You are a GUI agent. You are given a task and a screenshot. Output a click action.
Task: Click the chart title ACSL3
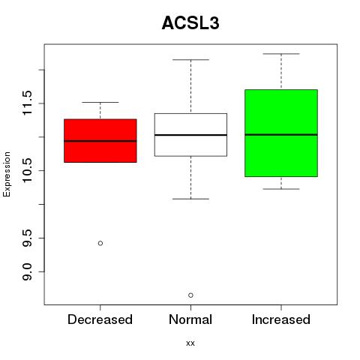pyautogui.click(x=190, y=23)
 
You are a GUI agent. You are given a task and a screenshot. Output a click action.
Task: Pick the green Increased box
pyautogui.click(x=281, y=133)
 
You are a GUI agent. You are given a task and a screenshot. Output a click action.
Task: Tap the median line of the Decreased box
pyautogui.click(x=100, y=141)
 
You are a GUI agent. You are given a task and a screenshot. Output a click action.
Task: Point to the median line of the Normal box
pyautogui.click(x=190, y=135)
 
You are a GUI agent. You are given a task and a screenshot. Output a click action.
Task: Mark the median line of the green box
pyautogui.click(x=281, y=134)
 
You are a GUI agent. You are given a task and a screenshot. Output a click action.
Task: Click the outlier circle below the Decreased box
pyautogui.click(x=100, y=243)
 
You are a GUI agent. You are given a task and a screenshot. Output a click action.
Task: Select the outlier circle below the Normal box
pyautogui.click(x=190, y=295)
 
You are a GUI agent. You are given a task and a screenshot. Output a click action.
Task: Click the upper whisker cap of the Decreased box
pyautogui.click(x=100, y=102)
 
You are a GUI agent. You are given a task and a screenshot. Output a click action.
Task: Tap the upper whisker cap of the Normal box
pyautogui.click(x=190, y=60)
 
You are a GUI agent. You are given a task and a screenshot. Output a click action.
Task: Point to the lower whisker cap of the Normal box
pyautogui.click(x=190, y=199)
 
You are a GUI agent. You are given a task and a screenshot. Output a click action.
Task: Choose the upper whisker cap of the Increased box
pyautogui.click(x=281, y=54)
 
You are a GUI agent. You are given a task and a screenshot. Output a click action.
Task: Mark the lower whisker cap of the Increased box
pyautogui.click(x=281, y=189)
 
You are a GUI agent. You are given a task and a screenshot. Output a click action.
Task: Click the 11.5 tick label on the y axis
pyautogui.click(x=27, y=103)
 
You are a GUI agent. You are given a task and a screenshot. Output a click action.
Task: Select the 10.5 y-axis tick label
pyautogui.click(x=27, y=170)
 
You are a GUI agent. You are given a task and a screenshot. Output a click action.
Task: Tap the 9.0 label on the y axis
pyautogui.click(x=27, y=271)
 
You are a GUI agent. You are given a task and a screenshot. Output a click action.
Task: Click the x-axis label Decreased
pyautogui.click(x=100, y=319)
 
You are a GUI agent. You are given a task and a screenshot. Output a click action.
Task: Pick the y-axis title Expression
pyautogui.click(x=7, y=174)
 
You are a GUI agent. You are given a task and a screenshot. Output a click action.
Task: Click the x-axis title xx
pyautogui.click(x=190, y=343)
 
